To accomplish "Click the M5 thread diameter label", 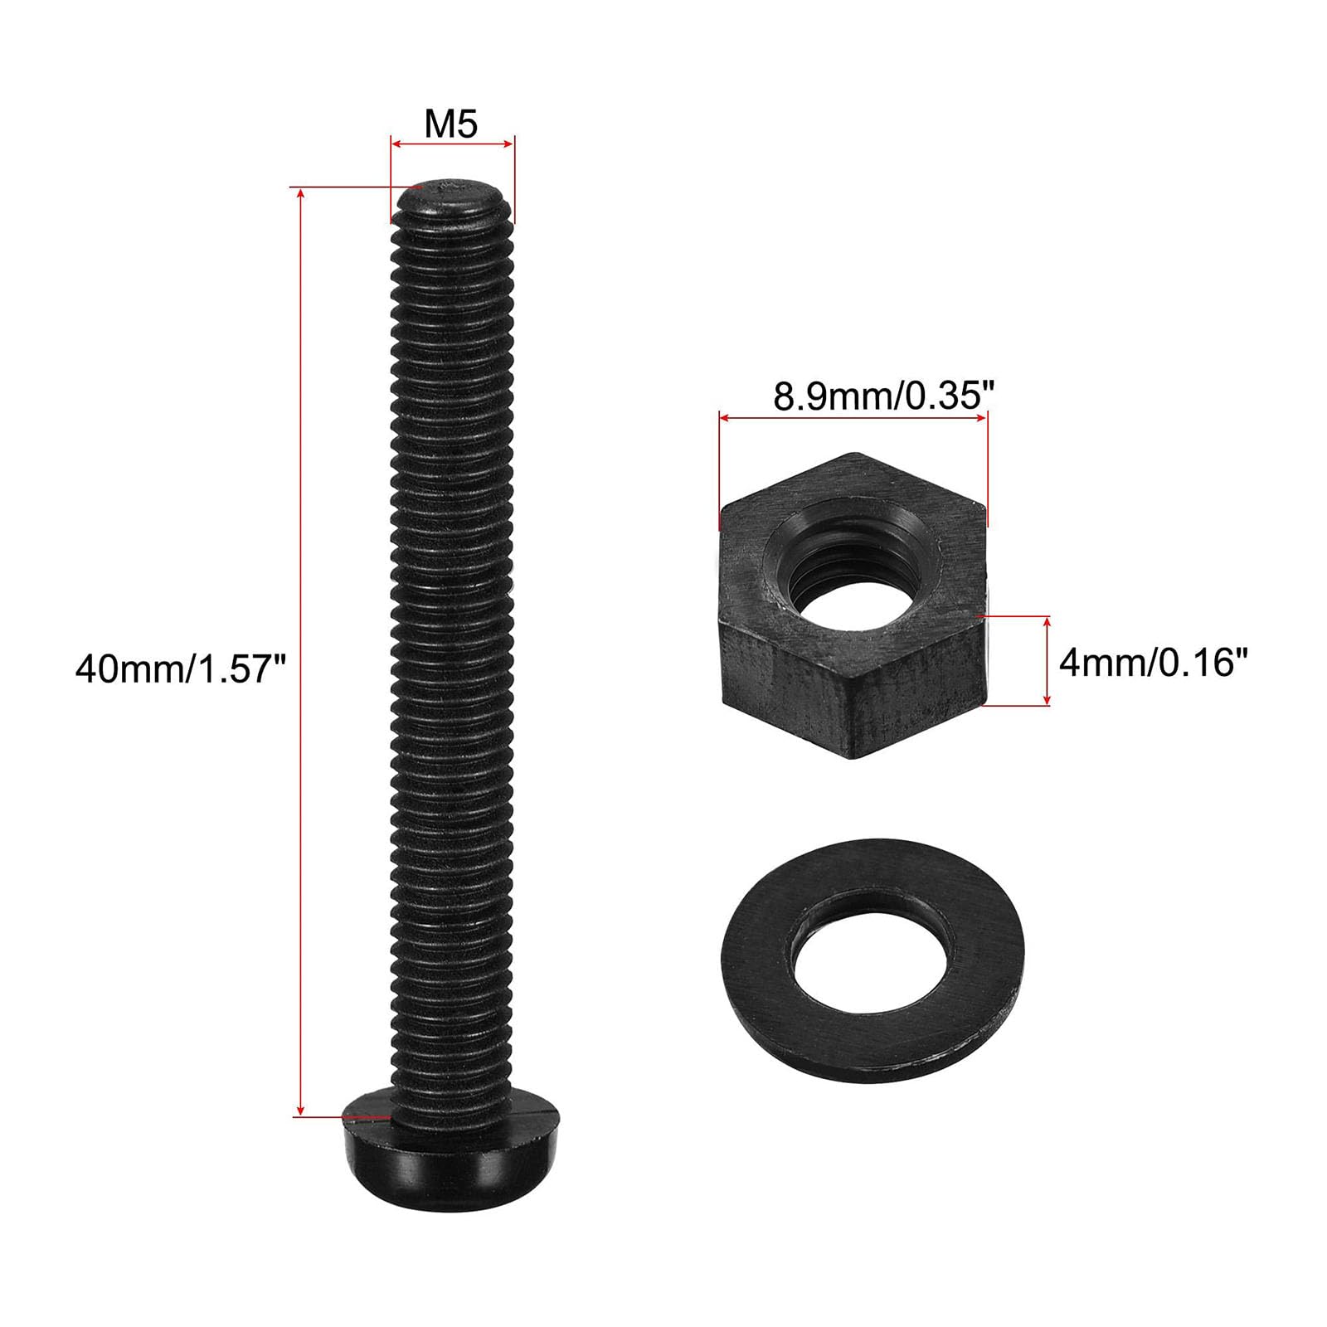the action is (452, 124).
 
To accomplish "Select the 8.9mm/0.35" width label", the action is (883, 396).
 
